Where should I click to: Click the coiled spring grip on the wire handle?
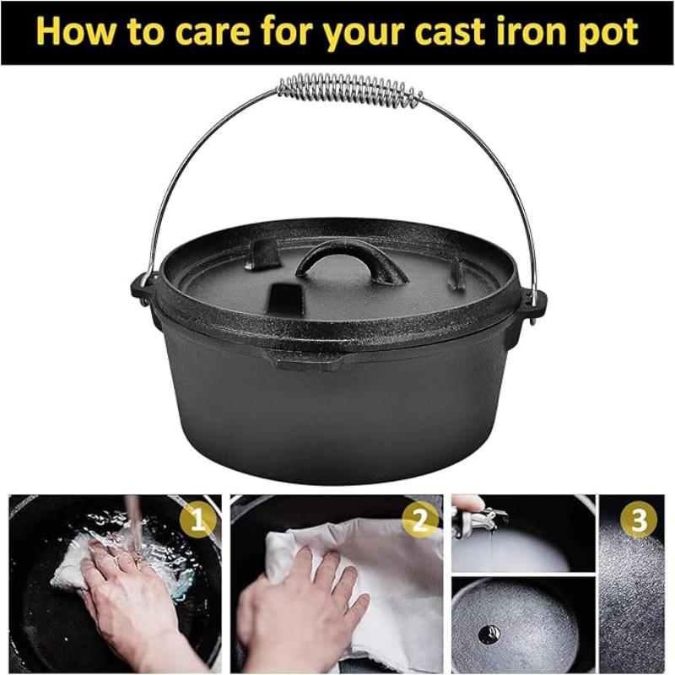349,91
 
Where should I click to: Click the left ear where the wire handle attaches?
140,290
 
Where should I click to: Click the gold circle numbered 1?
197,520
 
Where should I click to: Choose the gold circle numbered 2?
419,521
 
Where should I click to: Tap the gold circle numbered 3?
639,520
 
